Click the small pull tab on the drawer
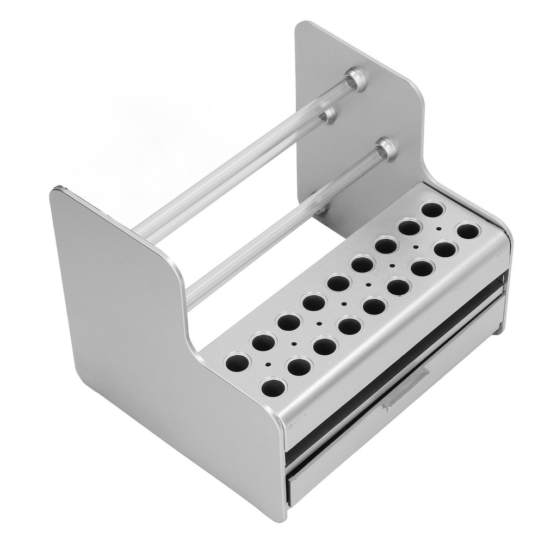[406, 385]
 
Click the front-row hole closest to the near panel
[274, 387]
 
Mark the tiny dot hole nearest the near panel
[268, 364]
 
